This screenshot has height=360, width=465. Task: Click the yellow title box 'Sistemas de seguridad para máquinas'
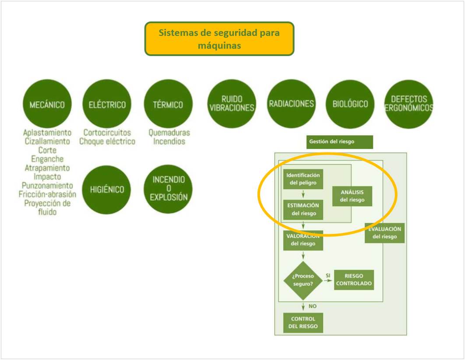[219, 39]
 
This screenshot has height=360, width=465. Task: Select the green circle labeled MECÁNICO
[47, 104]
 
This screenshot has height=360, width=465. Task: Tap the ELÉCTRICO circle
[107, 104]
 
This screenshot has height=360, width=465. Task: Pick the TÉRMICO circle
[168, 104]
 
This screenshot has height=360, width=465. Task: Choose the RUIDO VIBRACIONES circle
[232, 104]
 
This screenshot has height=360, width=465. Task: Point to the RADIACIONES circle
[291, 104]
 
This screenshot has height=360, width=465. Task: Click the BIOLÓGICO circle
[350, 104]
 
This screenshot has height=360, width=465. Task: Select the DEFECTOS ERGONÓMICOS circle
[409, 104]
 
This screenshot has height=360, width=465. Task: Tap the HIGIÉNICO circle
[107, 190]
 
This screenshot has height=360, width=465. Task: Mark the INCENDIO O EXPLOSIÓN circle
[168, 189]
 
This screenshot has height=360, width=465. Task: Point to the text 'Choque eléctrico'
[107, 141]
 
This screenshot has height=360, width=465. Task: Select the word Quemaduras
[169, 132]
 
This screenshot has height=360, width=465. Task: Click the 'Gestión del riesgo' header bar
[340, 142]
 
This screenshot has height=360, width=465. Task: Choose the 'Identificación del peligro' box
[303, 179]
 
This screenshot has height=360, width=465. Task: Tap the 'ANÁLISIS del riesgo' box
[352, 196]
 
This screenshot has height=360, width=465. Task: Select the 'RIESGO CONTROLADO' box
[354, 280]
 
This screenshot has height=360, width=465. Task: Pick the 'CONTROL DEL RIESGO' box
[303, 323]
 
